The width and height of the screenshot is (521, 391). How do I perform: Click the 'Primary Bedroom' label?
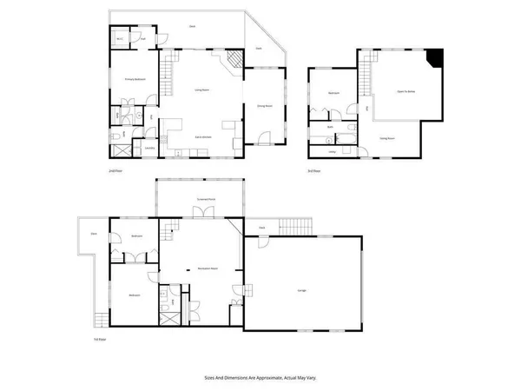coord(133,79)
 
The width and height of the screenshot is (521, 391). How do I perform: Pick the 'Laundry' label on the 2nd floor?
coord(149,148)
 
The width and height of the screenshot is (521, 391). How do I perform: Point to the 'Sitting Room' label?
coord(387,138)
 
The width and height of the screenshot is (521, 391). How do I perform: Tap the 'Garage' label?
coord(301,290)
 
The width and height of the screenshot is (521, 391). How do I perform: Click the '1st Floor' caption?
coord(101,339)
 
